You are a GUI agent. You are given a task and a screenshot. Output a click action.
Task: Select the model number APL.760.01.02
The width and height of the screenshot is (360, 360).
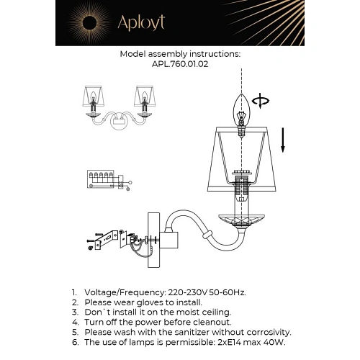pos(179,63)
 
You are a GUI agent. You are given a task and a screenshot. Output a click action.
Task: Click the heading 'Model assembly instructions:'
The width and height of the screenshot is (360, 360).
pos(179,53)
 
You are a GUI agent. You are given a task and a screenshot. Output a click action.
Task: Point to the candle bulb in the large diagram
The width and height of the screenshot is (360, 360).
pos(242,108)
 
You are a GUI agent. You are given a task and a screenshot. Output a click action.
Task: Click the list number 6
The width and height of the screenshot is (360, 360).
pos(74,343)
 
